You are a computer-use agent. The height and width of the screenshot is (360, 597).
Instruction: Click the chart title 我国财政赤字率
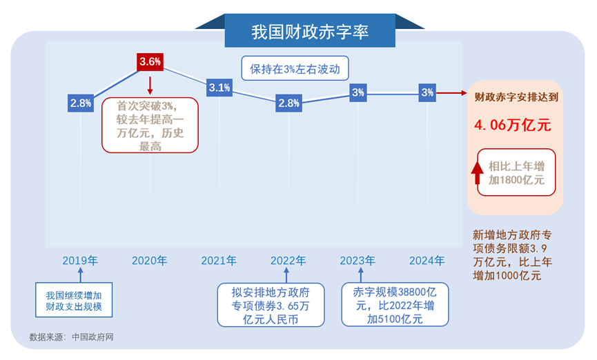point(310,32)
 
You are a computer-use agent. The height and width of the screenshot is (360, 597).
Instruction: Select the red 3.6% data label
point(150,61)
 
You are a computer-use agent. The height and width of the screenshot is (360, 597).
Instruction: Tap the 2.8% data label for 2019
point(81,103)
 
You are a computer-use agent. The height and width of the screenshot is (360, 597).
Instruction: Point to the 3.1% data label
point(219,88)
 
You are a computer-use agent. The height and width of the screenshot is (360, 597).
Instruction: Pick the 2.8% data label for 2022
point(288,103)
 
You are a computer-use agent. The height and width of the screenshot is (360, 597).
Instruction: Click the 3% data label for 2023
point(358,92)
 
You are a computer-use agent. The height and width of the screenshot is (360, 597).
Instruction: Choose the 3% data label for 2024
point(427,92)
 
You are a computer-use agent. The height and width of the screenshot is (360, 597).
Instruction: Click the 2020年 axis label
point(150,261)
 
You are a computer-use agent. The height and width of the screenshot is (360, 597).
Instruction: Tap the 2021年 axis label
point(219,261)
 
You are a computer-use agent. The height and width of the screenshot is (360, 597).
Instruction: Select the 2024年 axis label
point(427,261)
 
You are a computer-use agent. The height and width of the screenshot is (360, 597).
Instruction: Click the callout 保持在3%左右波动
point(295,68)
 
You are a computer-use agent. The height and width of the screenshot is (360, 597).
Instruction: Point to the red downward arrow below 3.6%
point(150,86)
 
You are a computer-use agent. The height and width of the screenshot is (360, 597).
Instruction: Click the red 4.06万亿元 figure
point(513,126)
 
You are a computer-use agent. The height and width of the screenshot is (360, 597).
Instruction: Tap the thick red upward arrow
point(477,173)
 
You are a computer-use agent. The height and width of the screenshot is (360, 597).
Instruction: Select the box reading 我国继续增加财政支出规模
point(74,300)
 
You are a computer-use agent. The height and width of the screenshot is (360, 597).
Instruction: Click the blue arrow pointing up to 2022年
point(286,275)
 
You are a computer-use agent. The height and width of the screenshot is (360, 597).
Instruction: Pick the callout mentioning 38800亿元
point(395,304)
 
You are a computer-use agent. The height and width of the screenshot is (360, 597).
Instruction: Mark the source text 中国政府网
point(92,337)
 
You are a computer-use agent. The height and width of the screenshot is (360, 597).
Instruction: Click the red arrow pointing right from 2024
point(451,93)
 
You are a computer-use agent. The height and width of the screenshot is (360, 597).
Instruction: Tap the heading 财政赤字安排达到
point(516,97)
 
